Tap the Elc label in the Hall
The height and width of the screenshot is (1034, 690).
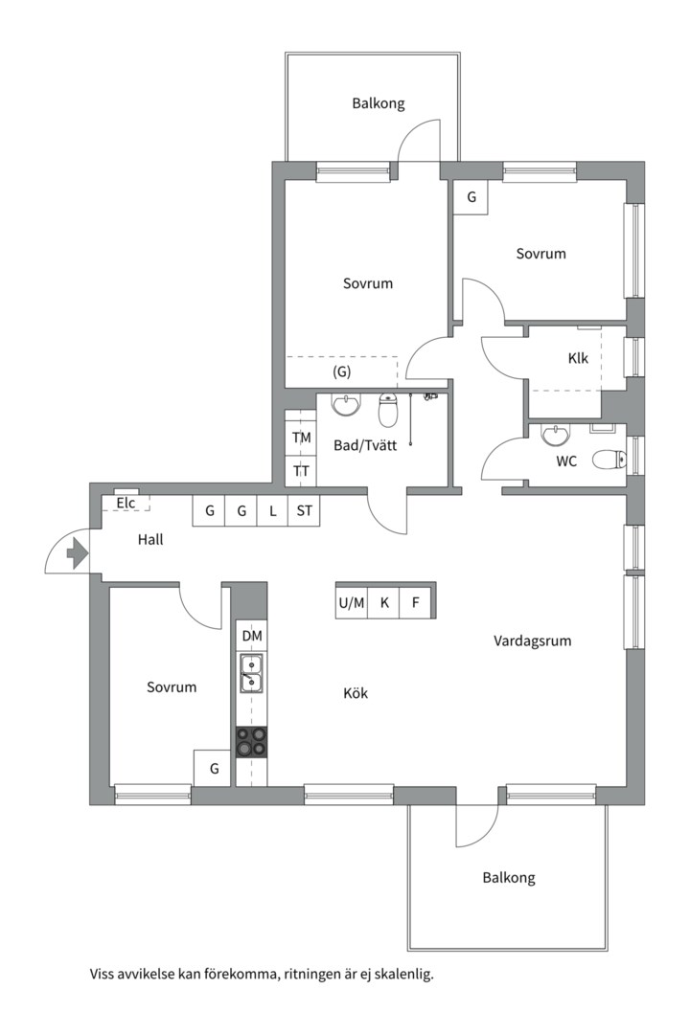[x=126, y=504]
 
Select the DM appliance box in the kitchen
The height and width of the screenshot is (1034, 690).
[x=252, y=636]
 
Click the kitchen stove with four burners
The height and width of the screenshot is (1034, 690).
[x=252, y=741]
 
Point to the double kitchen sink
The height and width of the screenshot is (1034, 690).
[x=252, y=673]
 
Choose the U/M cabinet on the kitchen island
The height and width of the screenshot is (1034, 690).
[x=352, y=603]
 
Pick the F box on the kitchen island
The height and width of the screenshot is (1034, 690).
[x=415, y=603]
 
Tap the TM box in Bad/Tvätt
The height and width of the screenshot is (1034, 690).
[x=301, y=438]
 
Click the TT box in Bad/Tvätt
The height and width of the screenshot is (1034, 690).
[x=301, y=471]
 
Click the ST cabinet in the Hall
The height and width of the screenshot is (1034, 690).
[x=304, y=511]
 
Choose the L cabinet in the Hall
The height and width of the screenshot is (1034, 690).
[x=273, y=511]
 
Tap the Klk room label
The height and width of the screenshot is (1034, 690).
[x=578, y=359]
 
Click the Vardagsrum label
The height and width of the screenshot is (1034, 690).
[x=532, y=641]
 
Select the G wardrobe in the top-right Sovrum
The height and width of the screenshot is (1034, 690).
[x=471, y=197]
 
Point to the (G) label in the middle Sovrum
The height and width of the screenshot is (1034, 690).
[x=341, y=371]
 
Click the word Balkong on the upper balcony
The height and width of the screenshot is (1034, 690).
[x=378, y=103]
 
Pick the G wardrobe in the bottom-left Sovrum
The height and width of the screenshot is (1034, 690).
[x=214, y=768]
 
